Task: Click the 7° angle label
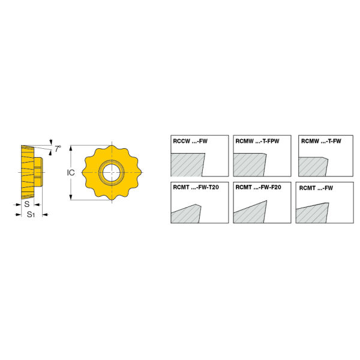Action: (x=58, y=149)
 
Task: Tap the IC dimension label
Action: (x=71, y=173)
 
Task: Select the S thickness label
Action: (x=27, y=204)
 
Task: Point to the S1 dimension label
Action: (x=31, y=215)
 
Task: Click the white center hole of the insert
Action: (x=112, y=173)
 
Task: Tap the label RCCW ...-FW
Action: (x=190, y=141)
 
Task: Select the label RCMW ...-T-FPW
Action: (x=257, y=141)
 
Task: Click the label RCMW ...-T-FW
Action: (x=321, y=141)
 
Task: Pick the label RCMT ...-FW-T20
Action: (x=196, y=187)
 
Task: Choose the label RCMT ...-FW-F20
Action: (x=258, y=187)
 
